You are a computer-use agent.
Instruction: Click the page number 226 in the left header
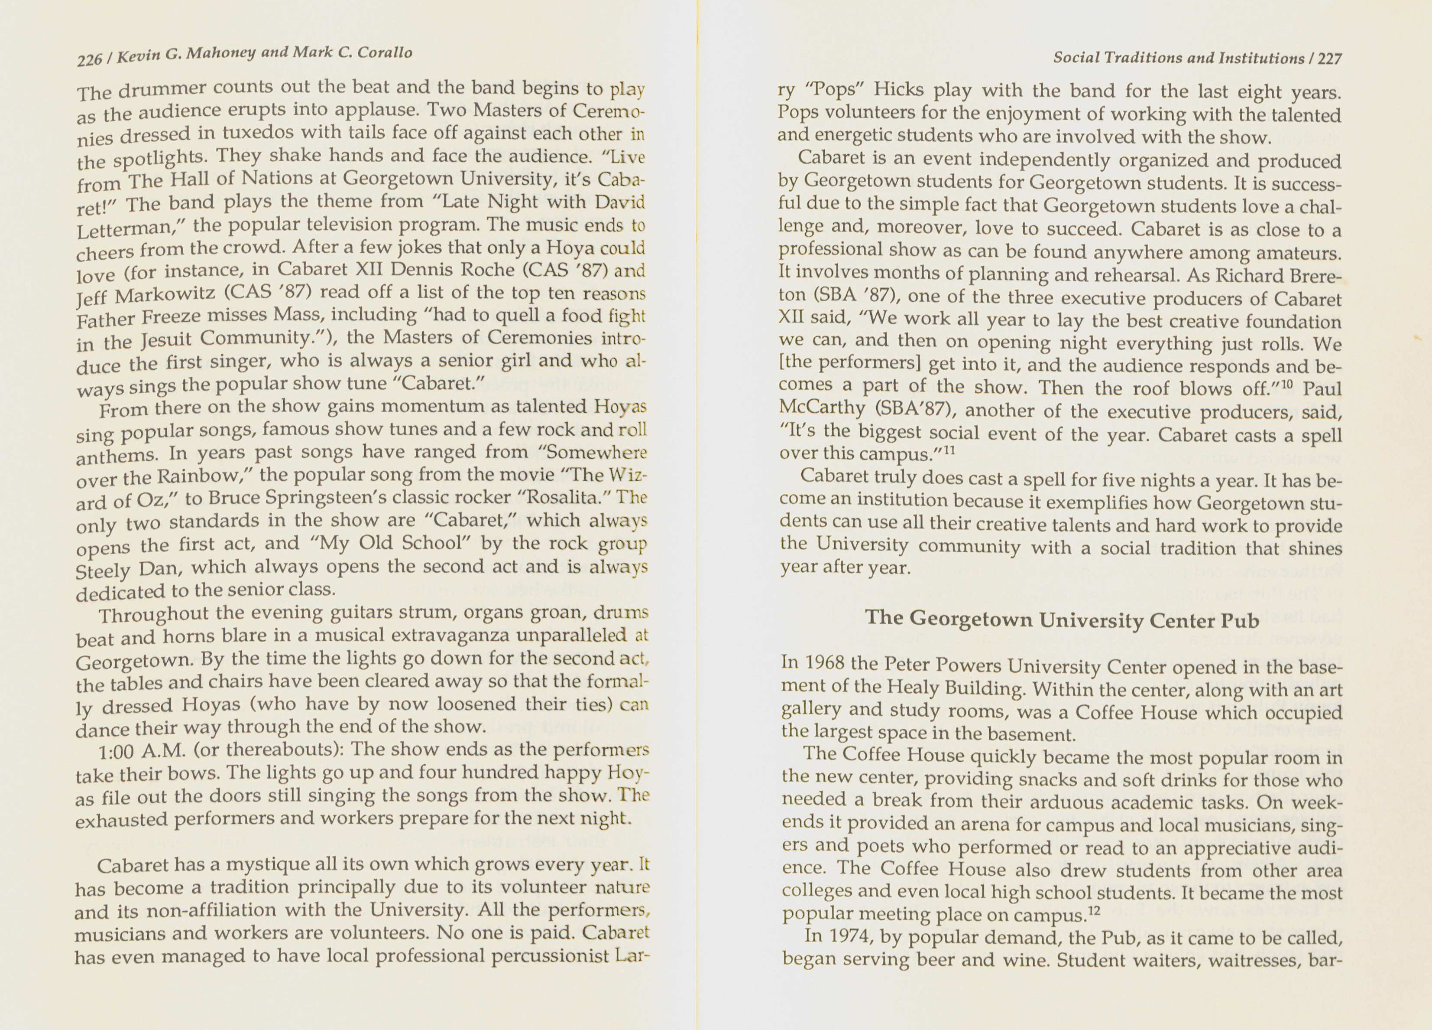click(x=89, y=59)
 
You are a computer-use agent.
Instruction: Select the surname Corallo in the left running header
click(x=385, y=52)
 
